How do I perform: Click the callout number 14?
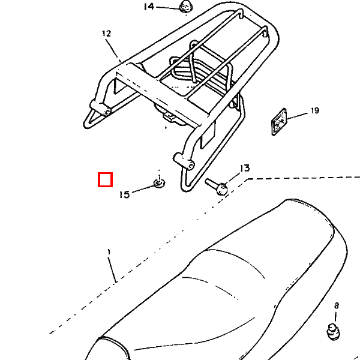point(149,7)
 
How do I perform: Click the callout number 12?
point(107,34)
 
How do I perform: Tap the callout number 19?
point(315,110)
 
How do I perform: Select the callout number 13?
point(245,168)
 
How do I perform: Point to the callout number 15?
point(125,194)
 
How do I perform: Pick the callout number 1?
point(109,252)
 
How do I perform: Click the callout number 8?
point(337,306)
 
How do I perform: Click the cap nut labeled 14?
point(186,7)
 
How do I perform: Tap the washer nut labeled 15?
point(159,183)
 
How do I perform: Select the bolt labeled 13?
point(217,187)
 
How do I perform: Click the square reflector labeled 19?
point(279,122)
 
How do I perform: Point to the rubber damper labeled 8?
point(333,331)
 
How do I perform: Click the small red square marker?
point(105,179)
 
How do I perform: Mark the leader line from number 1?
point(112,269)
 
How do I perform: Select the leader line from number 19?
point(297,116)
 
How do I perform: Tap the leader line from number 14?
point(168,8)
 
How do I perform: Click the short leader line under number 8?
point(335,316)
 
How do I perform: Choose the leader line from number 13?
point(232,178)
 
